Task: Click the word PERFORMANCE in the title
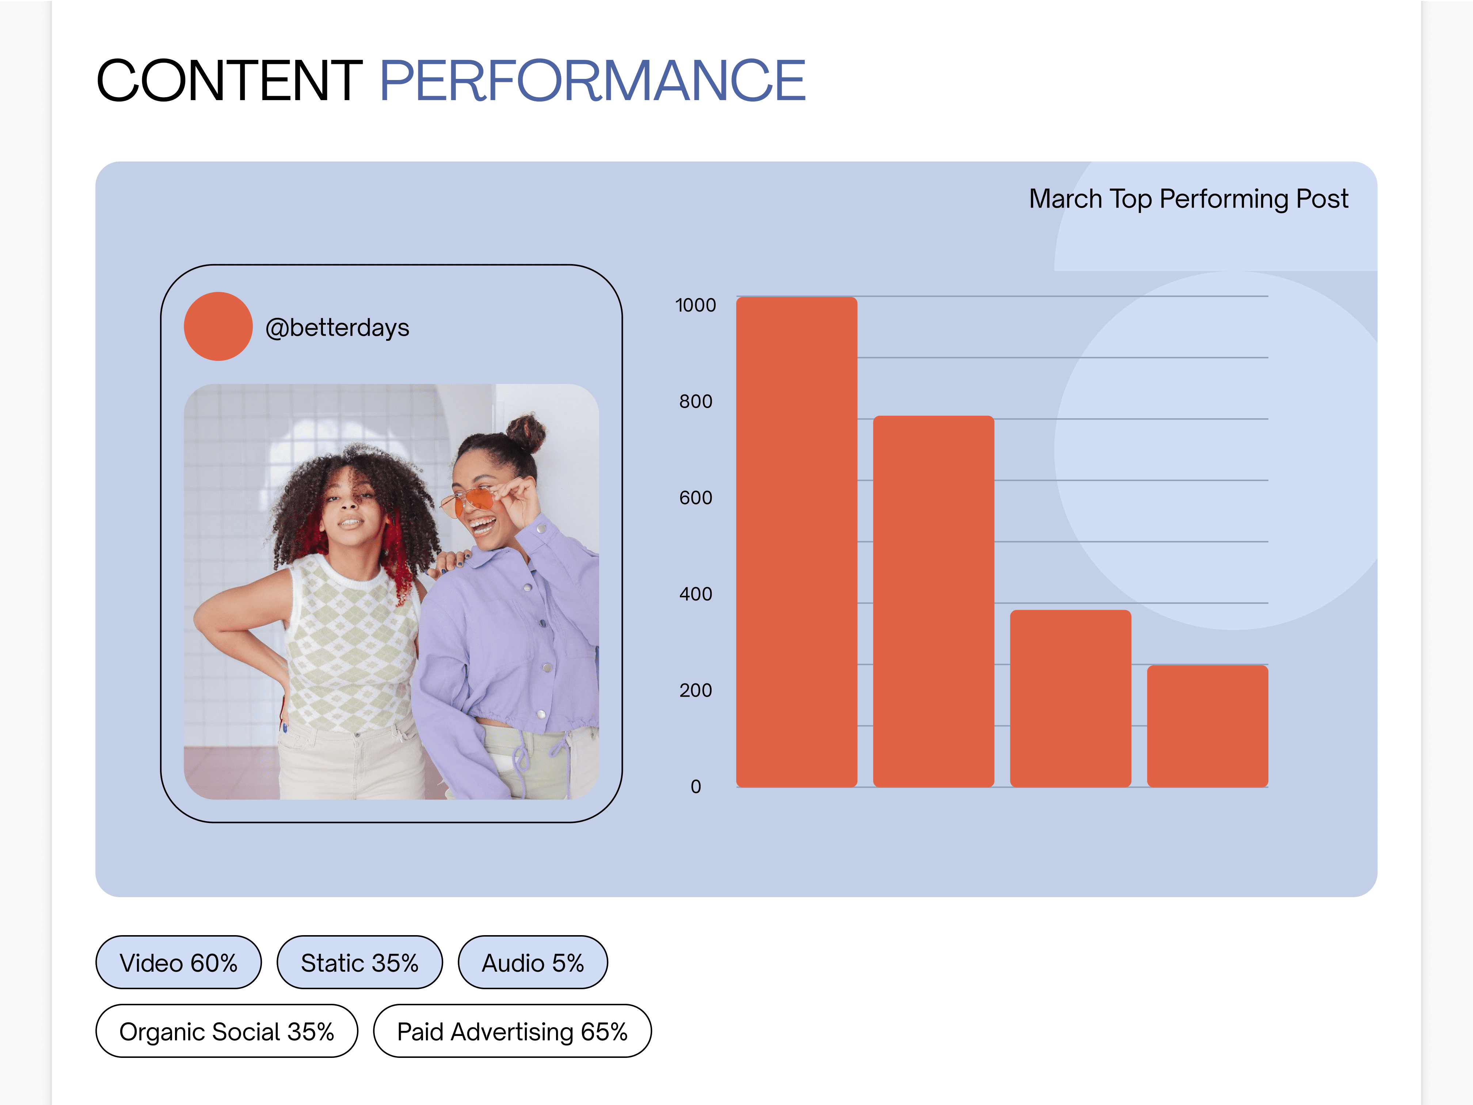coord(592,80)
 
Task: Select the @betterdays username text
coord(337,328)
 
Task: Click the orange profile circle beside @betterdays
coord(218,326)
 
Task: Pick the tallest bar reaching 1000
coord(796,542)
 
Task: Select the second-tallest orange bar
coord(934,601)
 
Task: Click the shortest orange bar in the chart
coord(1207,726)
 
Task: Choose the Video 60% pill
coord(179,963)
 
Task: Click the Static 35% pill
coord(359,963)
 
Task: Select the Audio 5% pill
coord(533,963)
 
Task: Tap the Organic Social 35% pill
coord(227,1031)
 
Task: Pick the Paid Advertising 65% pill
coord(512,1031)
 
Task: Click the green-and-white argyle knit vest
coord(350,643)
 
